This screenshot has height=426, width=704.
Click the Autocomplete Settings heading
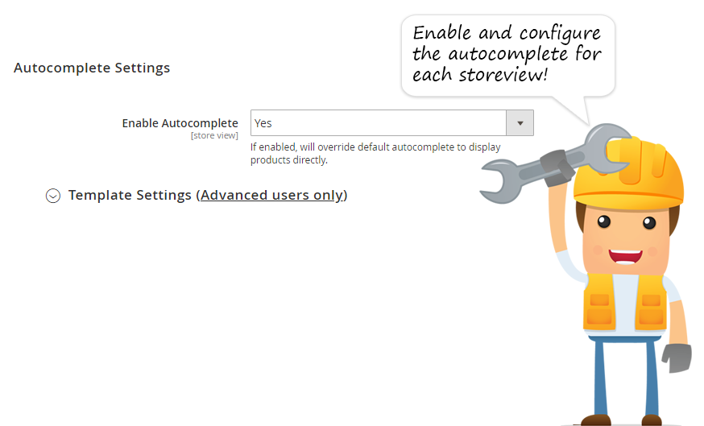coord(92,68)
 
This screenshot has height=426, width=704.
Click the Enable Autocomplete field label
coord(180,123)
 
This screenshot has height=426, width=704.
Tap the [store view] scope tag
coord(214,135)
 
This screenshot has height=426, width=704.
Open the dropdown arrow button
coord(520,123)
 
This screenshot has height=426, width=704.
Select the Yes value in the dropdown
coord(263,123)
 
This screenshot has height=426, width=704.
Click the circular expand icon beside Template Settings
coord(53,196)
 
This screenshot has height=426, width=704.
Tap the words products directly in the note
coord(288,160)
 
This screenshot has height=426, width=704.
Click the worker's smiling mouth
coord(625,256)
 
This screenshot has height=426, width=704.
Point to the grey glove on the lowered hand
coord(677,358)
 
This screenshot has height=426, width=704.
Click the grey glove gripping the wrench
coord(557,167)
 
